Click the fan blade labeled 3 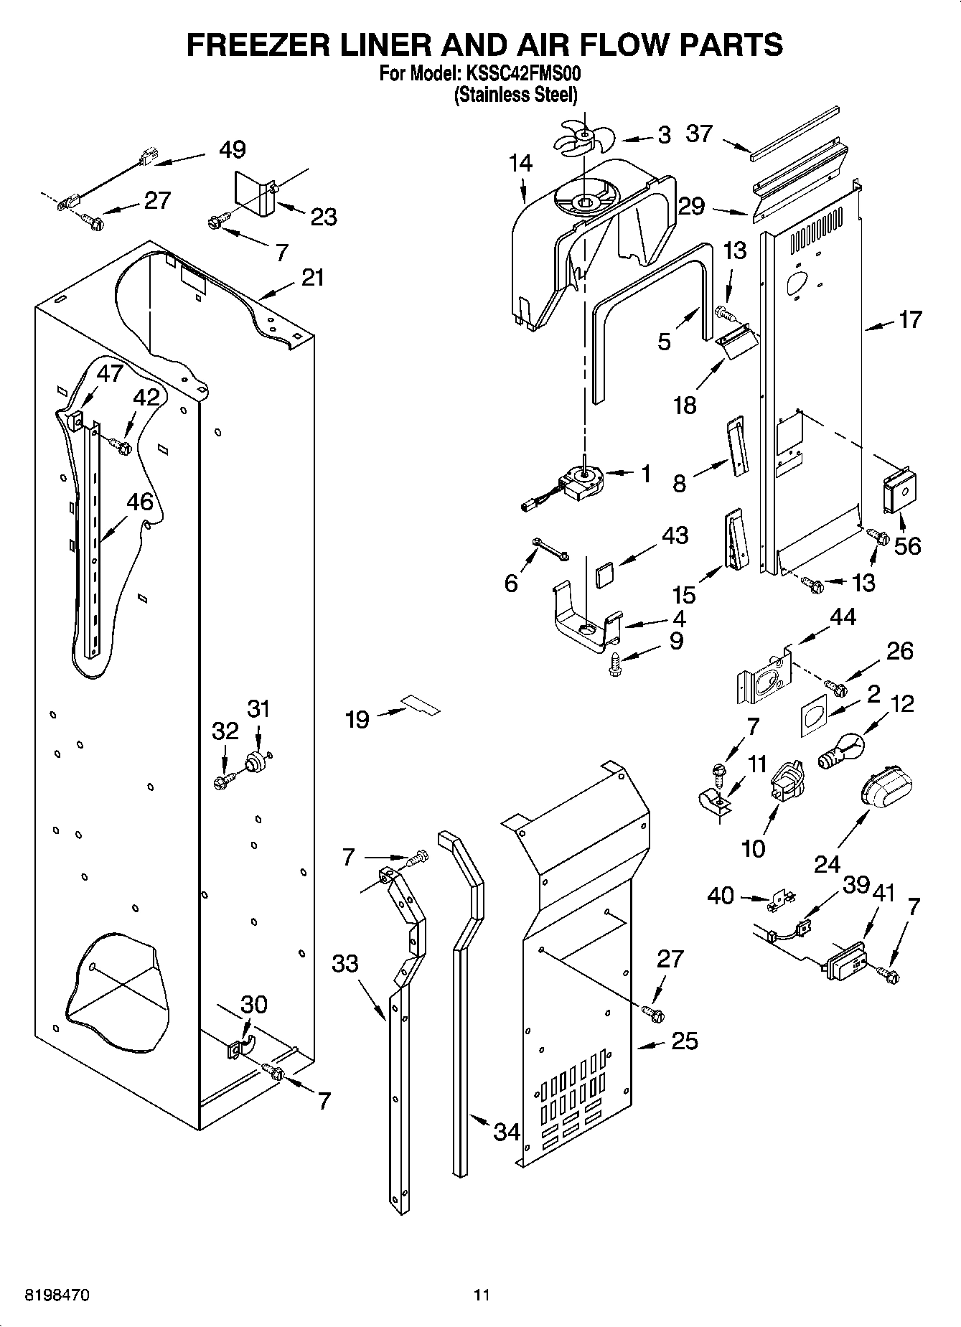[x=583, y=136]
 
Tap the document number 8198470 [x=57, y=1295]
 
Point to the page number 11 [x=481, y=1295]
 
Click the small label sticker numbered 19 [x=421, y=705]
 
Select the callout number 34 [x=507, y=1132]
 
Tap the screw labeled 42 [x=120, y=447]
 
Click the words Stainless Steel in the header [x=515, y=94]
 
